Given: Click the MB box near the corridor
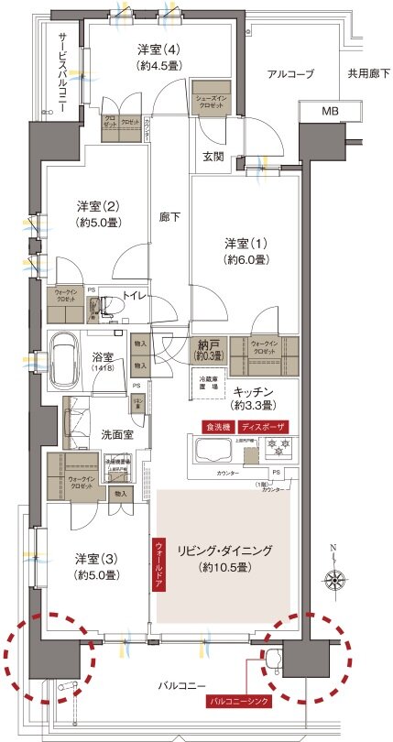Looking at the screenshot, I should click(x=329, y=111).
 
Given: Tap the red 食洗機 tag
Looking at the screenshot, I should click(x=218, y=428).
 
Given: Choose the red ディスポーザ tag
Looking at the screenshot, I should click(x=264, y=428).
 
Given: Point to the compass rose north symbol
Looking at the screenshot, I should click(x=333, y=579).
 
